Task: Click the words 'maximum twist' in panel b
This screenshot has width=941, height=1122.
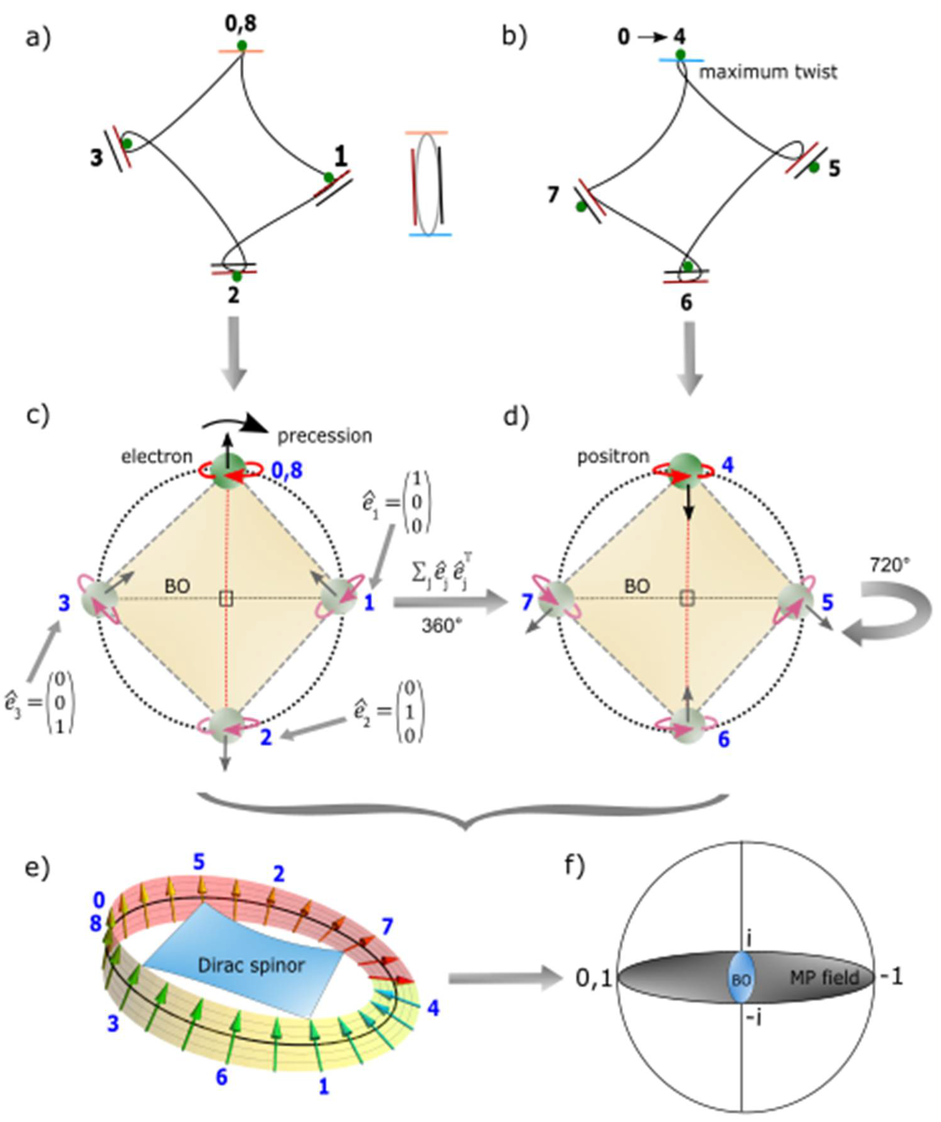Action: pyautogui.click(x=768, y=72)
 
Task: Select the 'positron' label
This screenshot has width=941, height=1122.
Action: pyautogui.click(x=613, y=457)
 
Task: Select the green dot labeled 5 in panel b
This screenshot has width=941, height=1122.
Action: pyautogui.click(x=813, y=167)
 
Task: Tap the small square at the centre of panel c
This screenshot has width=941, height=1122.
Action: pyautogui.click(x=226, y=599)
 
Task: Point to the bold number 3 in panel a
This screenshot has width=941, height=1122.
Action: pyautogui.click(x=96, y=158)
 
